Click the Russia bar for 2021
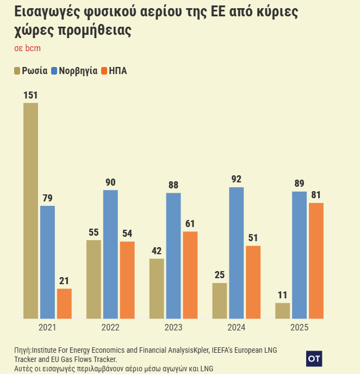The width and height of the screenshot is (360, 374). pyautogui.click(x=30, y=210)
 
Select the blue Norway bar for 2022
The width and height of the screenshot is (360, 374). pyautogui.click(x=110, y=254)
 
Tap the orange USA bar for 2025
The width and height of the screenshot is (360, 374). pyautogui.click(x=316, y=260)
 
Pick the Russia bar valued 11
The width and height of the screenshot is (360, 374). pyautogui.click(x=283, y=310)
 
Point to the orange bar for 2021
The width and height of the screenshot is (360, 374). pyautogui.click(x=64, y=303)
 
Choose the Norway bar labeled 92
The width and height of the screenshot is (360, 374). pyautogui.click(x=237, y=253)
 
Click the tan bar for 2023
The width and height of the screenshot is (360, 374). pyautogui.click(x=157, y=288)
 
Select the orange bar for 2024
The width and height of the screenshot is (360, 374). pyautogui.click(x=253, y=281)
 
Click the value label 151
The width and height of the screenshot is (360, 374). pyautogui.click(x=30, y=95)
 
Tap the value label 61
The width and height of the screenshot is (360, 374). pyautogui.click(x=190, y=224)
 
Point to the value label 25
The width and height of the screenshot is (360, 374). pyautogui.click(x=220, y=275)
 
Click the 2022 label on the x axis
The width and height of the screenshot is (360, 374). pyautogui.click(x=110, y=328)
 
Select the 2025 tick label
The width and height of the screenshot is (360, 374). pyautogui.click(x=299, y=328)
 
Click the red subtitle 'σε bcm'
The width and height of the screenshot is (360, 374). pyautogui.click(x=27, y=48)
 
